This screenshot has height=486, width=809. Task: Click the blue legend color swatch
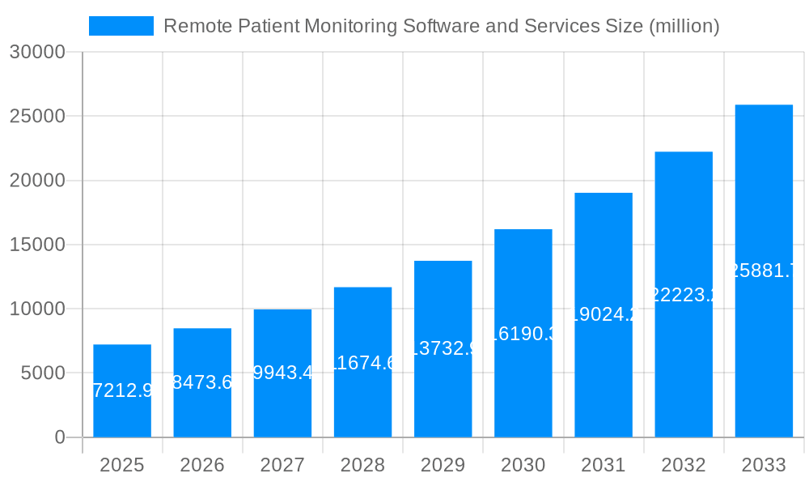121,26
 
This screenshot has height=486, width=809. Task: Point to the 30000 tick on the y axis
36,52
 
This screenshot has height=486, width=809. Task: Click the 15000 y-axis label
36,245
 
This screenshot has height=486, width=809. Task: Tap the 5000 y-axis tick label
42,373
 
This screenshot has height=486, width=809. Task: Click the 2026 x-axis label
202,465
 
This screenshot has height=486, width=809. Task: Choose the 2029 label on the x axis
443,465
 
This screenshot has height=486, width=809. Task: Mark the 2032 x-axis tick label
684,465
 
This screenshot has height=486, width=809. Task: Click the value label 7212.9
122,391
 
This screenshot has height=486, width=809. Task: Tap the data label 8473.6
202,382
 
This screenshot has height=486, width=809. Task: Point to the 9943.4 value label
282,373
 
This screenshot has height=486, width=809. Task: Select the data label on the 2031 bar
604,314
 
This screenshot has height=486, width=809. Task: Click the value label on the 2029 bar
443,348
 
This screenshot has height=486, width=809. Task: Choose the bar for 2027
282,405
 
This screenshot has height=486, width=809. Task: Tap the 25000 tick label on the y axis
36,116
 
